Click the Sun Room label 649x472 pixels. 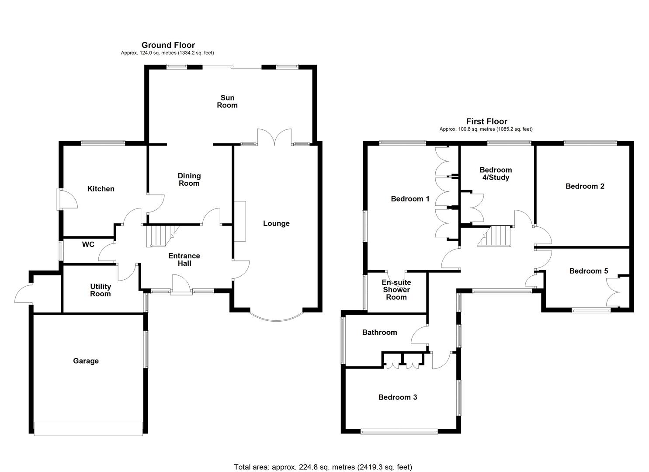click(227, 101)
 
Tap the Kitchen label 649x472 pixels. click(101, 189)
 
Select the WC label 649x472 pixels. click(88, 245)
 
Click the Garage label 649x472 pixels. click(86, 361)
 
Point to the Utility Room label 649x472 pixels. click(101, 290)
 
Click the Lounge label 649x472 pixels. click(276, 224)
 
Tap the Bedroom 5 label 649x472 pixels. click(588, 271)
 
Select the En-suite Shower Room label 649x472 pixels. click(396, 290)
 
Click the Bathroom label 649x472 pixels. click(379, 333)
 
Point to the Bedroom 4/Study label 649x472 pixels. click(496, 174)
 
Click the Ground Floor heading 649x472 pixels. click(168, 45)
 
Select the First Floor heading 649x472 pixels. click(486, 121)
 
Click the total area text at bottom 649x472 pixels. click(323, 467)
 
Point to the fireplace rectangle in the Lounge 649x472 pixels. click(240, 221)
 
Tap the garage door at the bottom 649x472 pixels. click(88, 428)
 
